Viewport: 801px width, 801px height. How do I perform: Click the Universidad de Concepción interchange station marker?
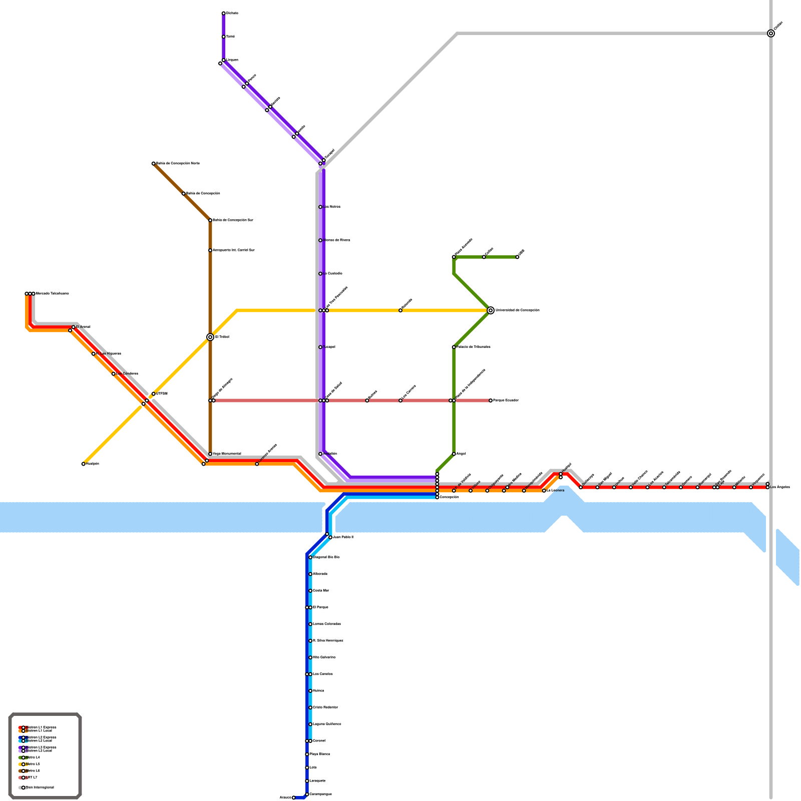coord(491,310)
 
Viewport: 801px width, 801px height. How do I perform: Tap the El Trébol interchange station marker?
coord(210,337)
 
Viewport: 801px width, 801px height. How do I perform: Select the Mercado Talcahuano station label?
coord(52,293)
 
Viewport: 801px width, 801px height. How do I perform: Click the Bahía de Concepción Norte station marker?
coord(154,164)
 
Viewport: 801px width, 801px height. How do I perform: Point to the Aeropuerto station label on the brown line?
coord(233,250)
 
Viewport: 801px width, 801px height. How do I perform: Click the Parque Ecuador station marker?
coord(491,400)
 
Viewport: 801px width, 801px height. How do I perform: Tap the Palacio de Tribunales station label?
coord(473,347)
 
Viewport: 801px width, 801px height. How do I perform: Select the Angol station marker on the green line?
coord(454,454)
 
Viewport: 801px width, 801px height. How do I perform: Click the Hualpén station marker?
coord(84,464)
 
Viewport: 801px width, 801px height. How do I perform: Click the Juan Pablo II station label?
coord(343,537)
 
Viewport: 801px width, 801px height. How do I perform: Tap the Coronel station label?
coord(319,741)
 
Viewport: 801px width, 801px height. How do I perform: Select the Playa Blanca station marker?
coord(307,754)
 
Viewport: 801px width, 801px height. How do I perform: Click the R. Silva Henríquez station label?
coord(328,641)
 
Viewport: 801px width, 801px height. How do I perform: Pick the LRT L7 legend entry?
coord(31,777)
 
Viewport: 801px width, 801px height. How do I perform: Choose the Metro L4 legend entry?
coord(33,757)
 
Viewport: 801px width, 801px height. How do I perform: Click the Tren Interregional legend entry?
coord(40,787)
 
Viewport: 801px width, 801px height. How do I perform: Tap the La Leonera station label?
coord(555,491)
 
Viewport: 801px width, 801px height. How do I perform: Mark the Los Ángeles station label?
coord(779,487)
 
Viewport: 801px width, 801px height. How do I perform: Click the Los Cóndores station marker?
coord(114,374)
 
